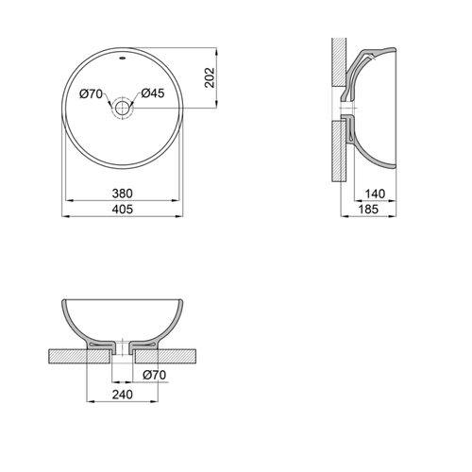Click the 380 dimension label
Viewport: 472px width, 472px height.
pos(123,194)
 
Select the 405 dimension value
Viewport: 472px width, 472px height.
pos(123,209)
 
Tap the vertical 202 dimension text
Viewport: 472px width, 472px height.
pos(210,77)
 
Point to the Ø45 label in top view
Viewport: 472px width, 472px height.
pos(153,93)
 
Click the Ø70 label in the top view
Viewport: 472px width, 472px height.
pos(91,93)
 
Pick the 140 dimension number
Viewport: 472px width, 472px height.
pos(375,194)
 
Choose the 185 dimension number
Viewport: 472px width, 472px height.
pos(368,209)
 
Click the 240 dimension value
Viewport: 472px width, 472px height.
pos(123,395)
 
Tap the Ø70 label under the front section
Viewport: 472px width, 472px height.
pos(154,375)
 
